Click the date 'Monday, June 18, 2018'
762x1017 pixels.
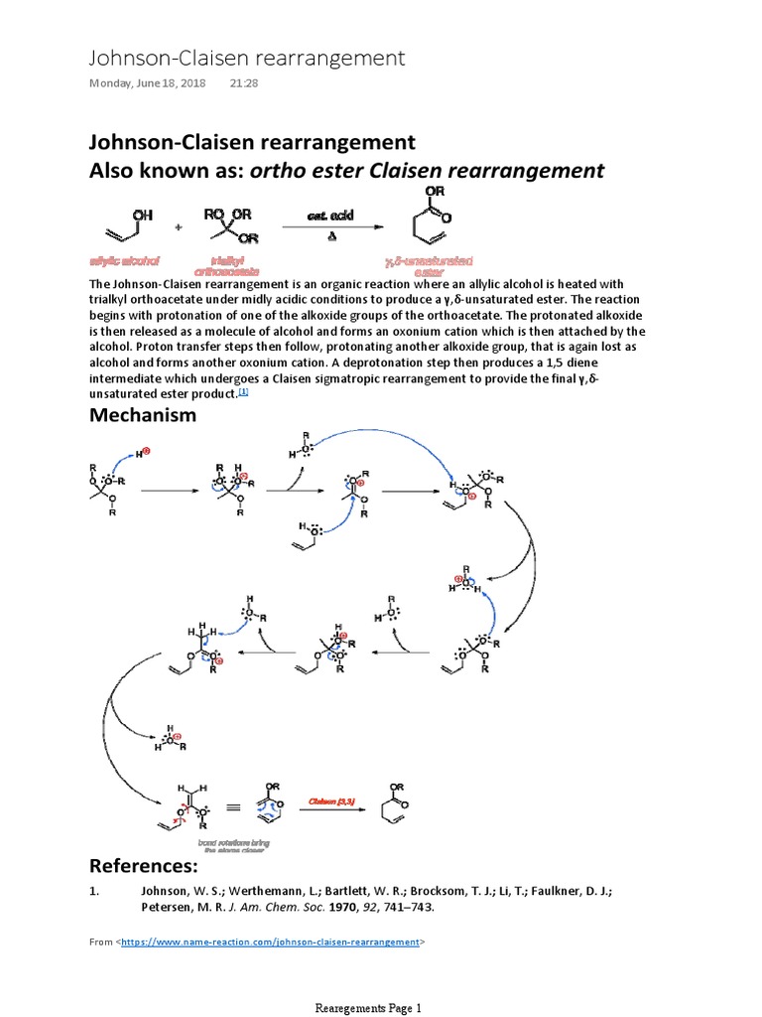148,83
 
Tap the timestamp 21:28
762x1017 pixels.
244,83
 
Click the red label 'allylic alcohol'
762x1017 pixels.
124,260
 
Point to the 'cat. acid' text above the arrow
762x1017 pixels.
330,216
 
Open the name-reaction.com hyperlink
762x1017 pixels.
271,941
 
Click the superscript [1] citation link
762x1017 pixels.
243,393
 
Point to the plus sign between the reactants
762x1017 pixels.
179,227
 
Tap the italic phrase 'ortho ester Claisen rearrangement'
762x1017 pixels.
427,170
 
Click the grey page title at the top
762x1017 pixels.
247,58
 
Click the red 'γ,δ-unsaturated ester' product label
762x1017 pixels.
431,265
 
